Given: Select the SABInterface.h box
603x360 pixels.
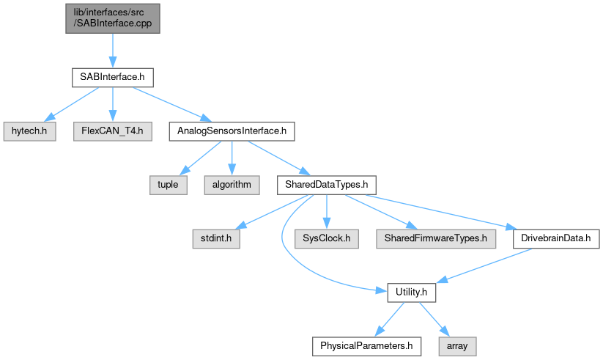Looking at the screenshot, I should click(111, 77).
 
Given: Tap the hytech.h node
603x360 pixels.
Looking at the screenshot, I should click(29, 131).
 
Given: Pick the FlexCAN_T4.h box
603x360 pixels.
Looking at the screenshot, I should click(112, 131).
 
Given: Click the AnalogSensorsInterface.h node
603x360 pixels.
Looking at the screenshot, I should click(231, 131).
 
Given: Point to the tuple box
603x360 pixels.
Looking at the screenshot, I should click(169, 185).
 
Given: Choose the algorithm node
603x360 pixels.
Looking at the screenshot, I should click(232, 185).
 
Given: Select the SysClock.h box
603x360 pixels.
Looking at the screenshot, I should click(326, 238).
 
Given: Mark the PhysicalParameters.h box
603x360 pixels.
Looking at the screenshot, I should click(363, 345).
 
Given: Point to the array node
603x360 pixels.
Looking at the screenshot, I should click(456, 345).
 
